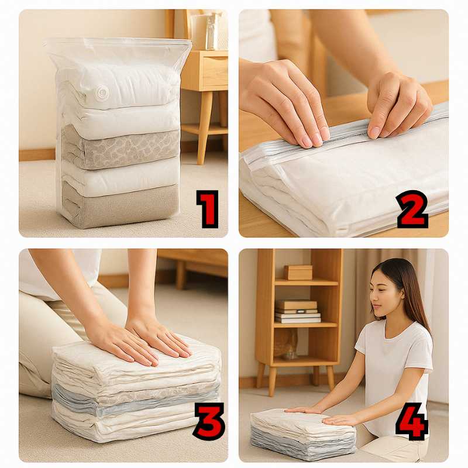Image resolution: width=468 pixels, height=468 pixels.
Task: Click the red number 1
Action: point(208,209)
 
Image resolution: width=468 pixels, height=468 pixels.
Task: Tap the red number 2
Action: point(412,209)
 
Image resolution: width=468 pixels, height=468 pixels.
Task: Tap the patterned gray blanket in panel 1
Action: point(121,148)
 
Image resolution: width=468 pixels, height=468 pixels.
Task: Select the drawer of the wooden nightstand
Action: point(215,71)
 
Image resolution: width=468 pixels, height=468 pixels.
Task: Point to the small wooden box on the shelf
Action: point(298,272)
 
